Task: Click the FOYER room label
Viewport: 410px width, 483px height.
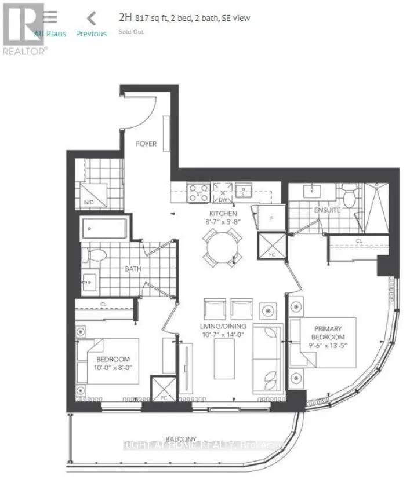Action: (146, 144)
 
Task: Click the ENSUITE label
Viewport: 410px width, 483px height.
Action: (328, 210)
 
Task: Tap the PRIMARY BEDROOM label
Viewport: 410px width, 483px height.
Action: (327, 333)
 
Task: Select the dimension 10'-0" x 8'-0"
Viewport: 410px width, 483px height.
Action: (109, 367)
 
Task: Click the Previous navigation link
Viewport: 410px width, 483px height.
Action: (91, 34)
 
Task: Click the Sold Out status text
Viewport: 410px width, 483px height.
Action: (131, 32)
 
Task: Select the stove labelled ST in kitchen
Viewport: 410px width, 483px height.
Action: (200, 193)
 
